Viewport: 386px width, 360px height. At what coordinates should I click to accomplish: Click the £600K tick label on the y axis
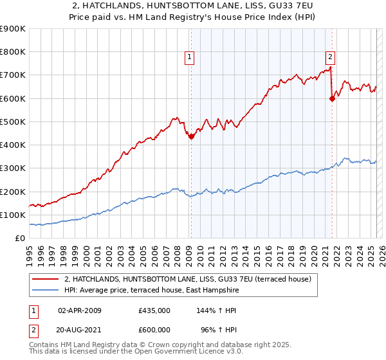13,98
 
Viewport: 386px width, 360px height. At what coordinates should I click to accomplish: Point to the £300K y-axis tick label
13,168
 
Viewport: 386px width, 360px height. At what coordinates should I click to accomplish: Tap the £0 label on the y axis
20,239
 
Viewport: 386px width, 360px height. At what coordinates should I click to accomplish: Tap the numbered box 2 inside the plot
330,56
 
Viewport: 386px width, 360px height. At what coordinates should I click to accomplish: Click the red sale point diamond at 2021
333,98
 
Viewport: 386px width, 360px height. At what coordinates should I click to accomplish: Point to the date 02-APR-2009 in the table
80,310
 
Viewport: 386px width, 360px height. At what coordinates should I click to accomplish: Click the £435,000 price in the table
154,310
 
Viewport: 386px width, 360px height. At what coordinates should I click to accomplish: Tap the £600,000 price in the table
154,330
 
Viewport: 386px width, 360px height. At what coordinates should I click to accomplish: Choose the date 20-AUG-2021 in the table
80,330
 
